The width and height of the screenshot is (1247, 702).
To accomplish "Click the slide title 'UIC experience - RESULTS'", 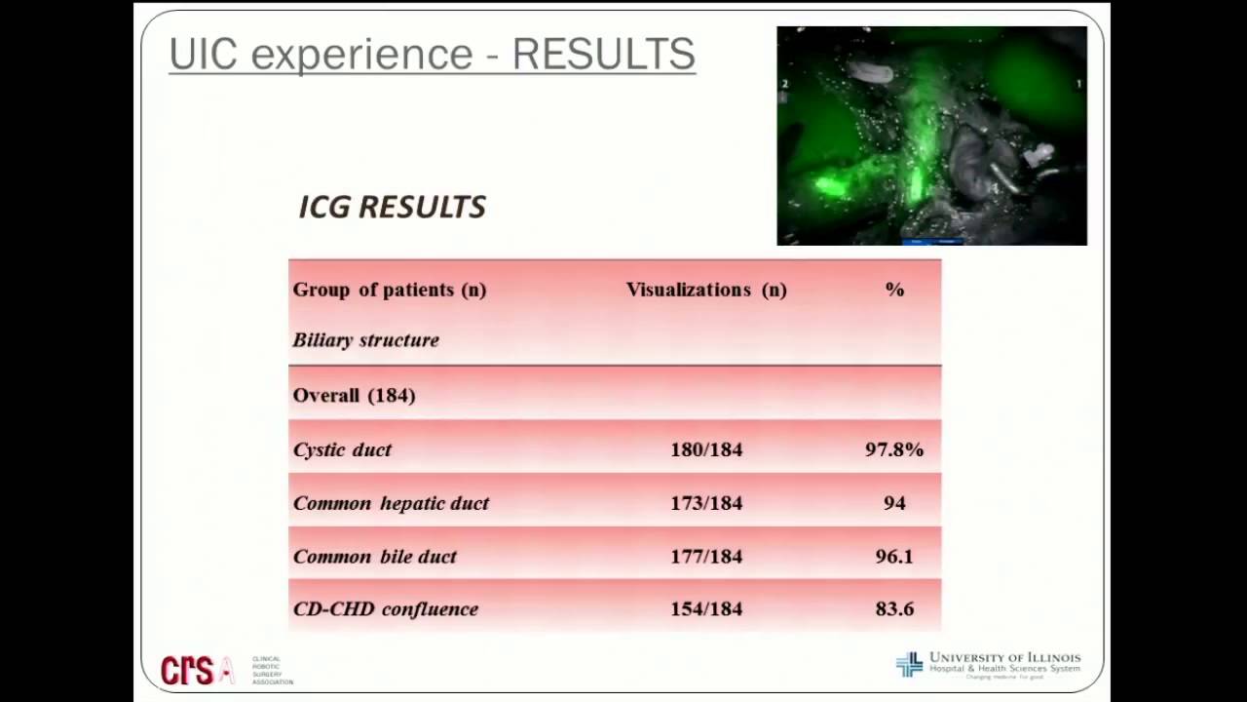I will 432,55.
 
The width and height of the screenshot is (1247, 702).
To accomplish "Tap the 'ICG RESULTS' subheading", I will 392,207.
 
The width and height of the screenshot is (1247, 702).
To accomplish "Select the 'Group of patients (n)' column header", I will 389,290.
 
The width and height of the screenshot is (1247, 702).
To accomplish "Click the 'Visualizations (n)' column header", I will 706,290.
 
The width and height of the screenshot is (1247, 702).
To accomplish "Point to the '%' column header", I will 894,290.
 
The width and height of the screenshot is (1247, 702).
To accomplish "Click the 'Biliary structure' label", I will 365,340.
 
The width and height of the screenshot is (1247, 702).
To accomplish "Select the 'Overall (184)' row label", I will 354,395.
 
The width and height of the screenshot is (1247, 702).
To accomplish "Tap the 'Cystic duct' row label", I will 342,449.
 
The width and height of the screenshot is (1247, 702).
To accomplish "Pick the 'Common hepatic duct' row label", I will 391,503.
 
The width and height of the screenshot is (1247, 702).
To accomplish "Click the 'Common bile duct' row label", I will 374,557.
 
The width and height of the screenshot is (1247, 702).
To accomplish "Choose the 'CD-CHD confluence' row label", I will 385,609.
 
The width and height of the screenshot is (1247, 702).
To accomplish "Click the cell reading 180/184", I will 706,449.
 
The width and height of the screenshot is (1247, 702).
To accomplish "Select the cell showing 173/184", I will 706,503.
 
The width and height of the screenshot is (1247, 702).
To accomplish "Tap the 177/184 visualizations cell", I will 706,557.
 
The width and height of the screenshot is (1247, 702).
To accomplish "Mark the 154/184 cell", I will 706,609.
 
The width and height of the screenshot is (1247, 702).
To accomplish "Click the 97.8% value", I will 894,449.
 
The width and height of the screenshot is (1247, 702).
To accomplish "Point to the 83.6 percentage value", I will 894,609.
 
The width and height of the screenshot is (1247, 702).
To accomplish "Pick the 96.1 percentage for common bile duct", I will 894,557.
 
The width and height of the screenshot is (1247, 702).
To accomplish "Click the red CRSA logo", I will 198,669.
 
